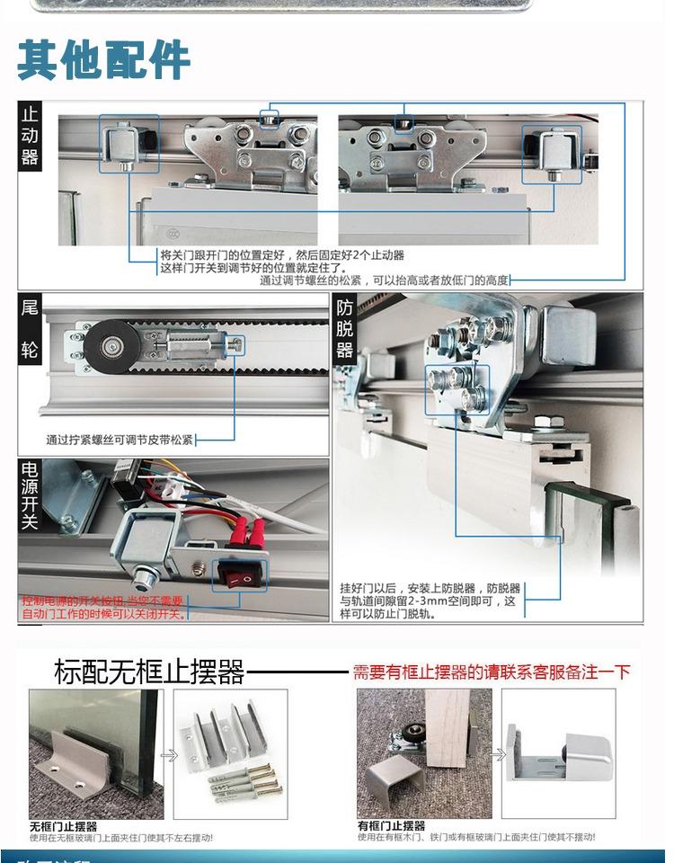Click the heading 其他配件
point(103,60)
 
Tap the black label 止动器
point(30,136)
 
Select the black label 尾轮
point(30,328)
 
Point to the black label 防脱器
point(345,328)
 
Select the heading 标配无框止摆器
point(149,672)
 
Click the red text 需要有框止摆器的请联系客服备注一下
point(491,672)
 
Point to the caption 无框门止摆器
point(63,825)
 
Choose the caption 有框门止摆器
point(392,825)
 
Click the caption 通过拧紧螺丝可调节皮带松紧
point(120,440)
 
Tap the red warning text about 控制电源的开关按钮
point(102,607)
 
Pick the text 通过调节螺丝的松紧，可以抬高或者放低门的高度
point(385,280)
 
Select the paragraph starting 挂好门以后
point(430,601)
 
